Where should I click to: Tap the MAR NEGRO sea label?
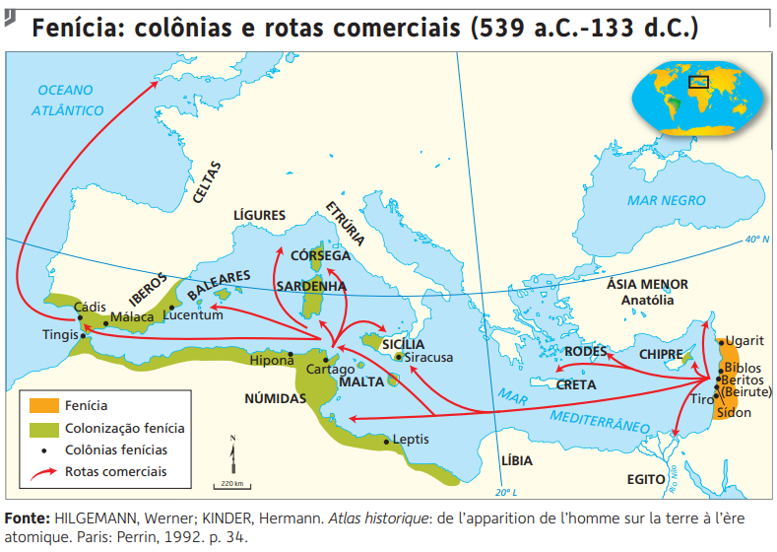point(667,200)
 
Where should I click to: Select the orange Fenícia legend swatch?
point(43,405)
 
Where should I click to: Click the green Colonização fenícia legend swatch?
point(43,428)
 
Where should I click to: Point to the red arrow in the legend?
point(43,472)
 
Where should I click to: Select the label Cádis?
point(92,307)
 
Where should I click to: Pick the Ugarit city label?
point(746,340)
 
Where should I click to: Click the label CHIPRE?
point(662,353)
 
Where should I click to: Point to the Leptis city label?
point(412,440)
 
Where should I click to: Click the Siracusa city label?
point(428,358)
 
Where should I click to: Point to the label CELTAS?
point(207,182)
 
